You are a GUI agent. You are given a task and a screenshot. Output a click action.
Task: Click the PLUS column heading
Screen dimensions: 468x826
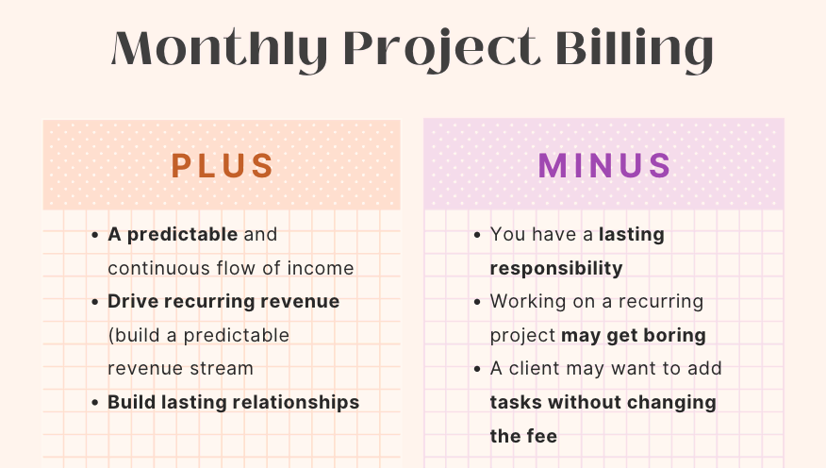pos(223,165)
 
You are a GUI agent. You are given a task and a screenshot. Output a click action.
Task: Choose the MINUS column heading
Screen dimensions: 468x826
pos(604,165)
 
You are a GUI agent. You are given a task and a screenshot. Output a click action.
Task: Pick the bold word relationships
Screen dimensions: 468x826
pos(298,402)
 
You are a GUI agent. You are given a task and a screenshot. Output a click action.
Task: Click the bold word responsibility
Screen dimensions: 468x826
pos(556,268)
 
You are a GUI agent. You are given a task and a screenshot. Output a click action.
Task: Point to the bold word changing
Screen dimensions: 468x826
pos(673,402)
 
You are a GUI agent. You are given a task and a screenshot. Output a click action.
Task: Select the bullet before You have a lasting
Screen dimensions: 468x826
pos(478,235)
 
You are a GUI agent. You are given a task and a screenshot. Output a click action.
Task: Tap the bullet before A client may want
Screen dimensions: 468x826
pos(478,369)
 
